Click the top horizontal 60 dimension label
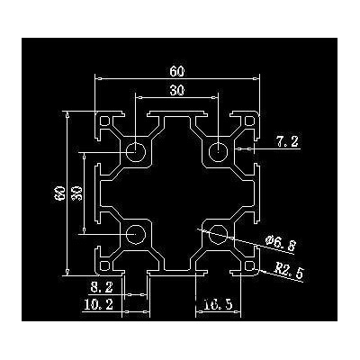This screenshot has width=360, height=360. pyautogui.click(x=177, y=71)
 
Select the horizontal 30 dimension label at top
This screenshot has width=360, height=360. pyautogui.click(x=177, y=90)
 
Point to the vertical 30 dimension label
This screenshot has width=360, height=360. pyautogui.click(x=77, y=193)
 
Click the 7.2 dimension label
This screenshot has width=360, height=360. pyautogui.click(x=288, y=141)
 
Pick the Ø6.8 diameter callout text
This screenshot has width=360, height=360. pyautogui.click(x=281, y=243)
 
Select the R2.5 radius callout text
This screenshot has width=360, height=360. pyautogui.click(x=289, y=270)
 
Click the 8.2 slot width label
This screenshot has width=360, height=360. pyautogui.click(x=102, y=288)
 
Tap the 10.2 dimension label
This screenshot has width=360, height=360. pyautogui.click(x=98, y=305)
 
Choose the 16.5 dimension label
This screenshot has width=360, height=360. pyautogui.click(x=218, y=305)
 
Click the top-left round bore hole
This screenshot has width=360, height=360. pyautogui.click(x=136, y=152)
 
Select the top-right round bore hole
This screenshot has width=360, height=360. pyautogui.click(x=218, y=152)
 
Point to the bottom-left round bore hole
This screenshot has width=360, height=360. pyautogui.click(x=136, y=234)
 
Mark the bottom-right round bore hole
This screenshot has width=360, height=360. pyautogui.click(x=218, y=234)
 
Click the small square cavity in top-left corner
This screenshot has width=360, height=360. pyautogui.click(x=104, y=121)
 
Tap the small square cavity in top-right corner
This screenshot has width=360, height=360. pyautogui.click(x=249, y=121)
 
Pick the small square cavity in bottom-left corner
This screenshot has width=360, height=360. pyautogui.click(x=104, y=265)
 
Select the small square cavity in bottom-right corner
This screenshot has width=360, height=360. pyautogui.click(x=249, y=265)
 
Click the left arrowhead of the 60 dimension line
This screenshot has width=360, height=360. pyautogui.click(x=97, y=79)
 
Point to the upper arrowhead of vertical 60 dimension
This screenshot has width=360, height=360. pyautogui.click(x=67, y=114)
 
